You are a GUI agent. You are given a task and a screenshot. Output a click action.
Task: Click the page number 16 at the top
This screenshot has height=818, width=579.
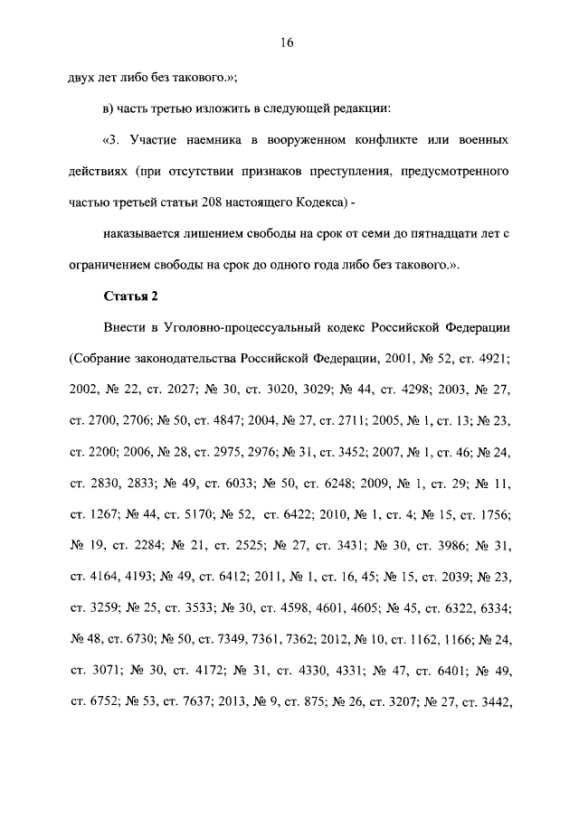[x=289, y=42]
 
